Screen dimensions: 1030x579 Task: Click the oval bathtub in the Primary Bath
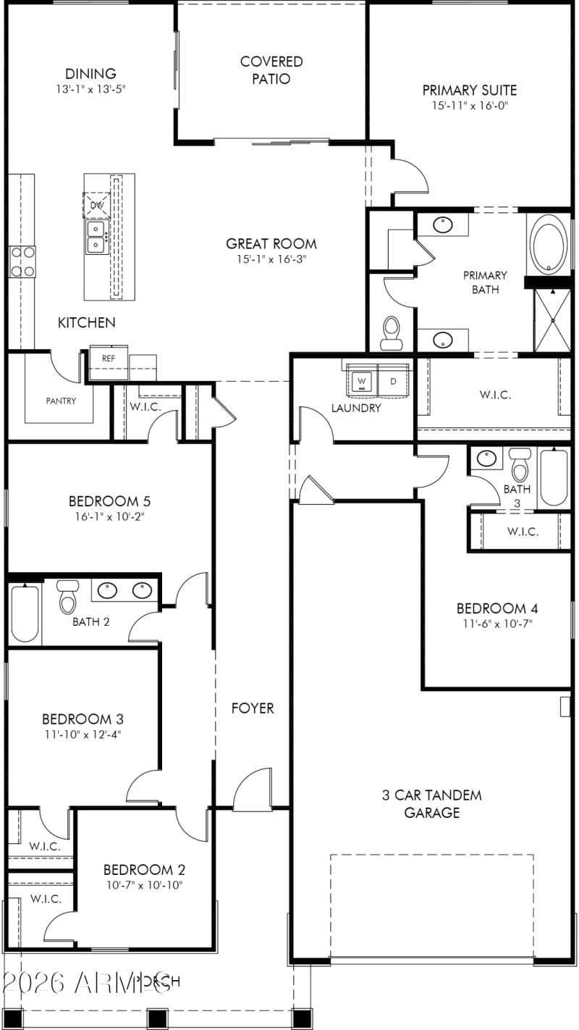551,246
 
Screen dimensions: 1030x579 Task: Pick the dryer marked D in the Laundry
394,381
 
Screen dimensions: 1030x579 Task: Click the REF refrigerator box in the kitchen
108,359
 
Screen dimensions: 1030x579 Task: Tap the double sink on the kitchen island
96,237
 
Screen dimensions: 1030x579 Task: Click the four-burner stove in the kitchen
22,261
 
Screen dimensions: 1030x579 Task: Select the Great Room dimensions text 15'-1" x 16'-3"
271,259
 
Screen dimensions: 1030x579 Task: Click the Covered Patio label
271,70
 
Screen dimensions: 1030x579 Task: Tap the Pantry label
61,401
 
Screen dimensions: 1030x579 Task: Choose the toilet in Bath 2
68,598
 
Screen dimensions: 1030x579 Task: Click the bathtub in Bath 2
25,614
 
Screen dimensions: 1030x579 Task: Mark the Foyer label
253,708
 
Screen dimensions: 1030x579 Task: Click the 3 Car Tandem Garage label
431,803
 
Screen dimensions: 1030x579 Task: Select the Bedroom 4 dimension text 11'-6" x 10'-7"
496,623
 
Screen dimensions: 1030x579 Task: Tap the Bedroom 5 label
109,501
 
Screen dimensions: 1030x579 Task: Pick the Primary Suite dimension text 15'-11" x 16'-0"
469,106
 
